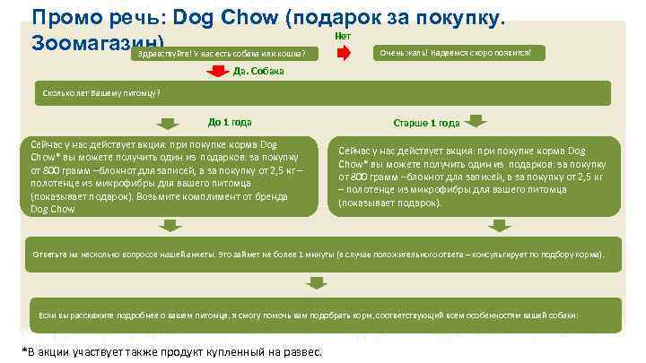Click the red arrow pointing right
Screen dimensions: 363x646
(344, 53)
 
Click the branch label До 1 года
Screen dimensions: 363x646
(230, 123)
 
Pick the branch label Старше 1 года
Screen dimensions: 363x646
(426, 123)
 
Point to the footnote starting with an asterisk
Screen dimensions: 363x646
(170, 352)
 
